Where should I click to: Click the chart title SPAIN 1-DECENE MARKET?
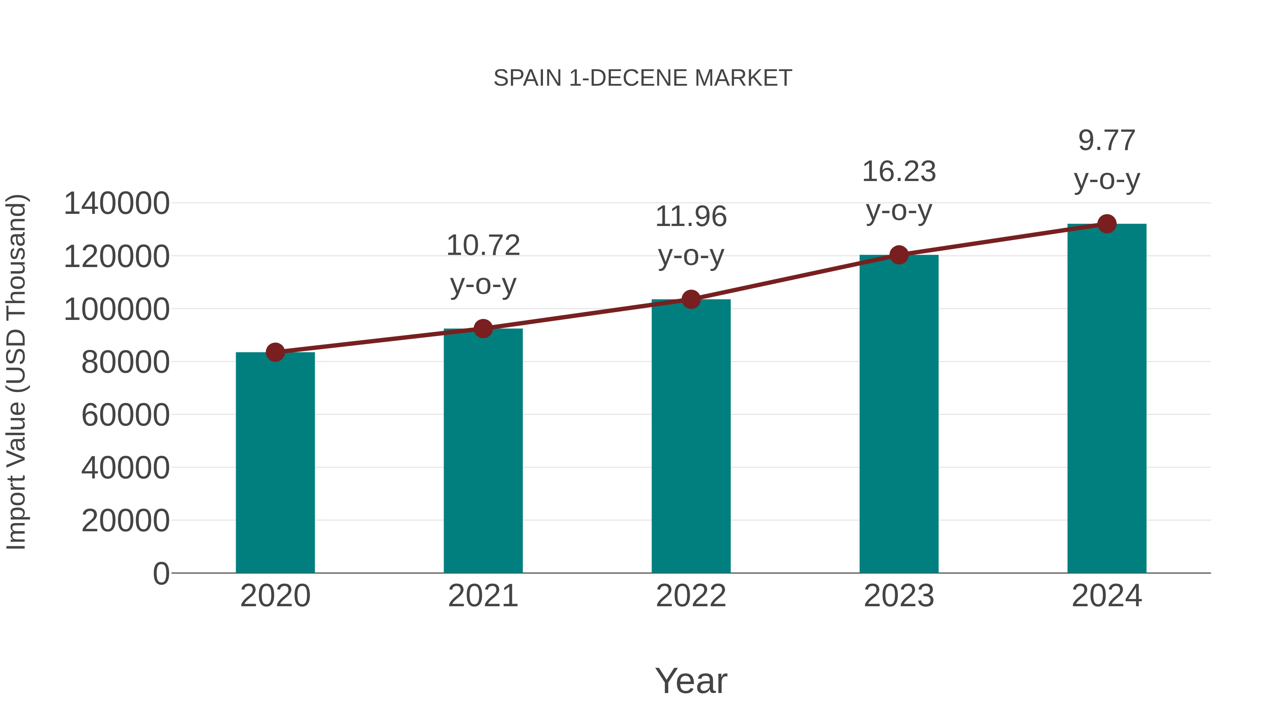[643, 78]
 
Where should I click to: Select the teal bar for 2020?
[275, 464]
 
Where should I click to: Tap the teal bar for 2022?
[691, 439]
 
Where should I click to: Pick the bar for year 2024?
[1107, 399]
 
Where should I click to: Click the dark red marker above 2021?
[483, 329]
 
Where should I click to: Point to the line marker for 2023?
[899, 255]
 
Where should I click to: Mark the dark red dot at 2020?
[275, 352]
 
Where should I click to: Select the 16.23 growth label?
[899, 191]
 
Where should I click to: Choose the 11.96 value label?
[691, 236]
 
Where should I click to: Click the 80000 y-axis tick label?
[125, 362]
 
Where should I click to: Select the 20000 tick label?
[125, 521]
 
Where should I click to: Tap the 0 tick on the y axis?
[161, 574]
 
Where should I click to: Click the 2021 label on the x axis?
[483, 596]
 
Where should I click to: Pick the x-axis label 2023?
[899, 596]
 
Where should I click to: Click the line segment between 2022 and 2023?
[795, 277]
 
